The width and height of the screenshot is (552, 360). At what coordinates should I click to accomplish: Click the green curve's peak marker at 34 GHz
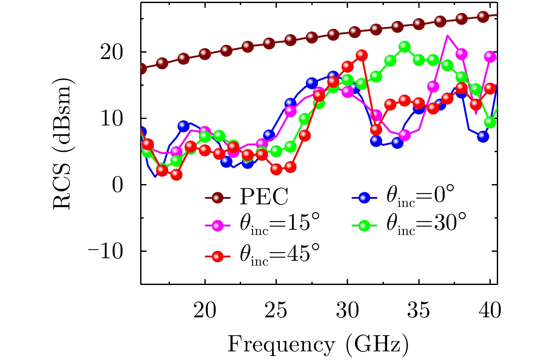pos(404,47)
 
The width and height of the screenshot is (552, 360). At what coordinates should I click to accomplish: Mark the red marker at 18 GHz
pos(176,175)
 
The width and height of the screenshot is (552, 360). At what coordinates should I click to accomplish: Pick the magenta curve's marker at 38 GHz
pos(461,54)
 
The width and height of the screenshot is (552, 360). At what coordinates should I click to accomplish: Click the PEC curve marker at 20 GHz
pos(205,54)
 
